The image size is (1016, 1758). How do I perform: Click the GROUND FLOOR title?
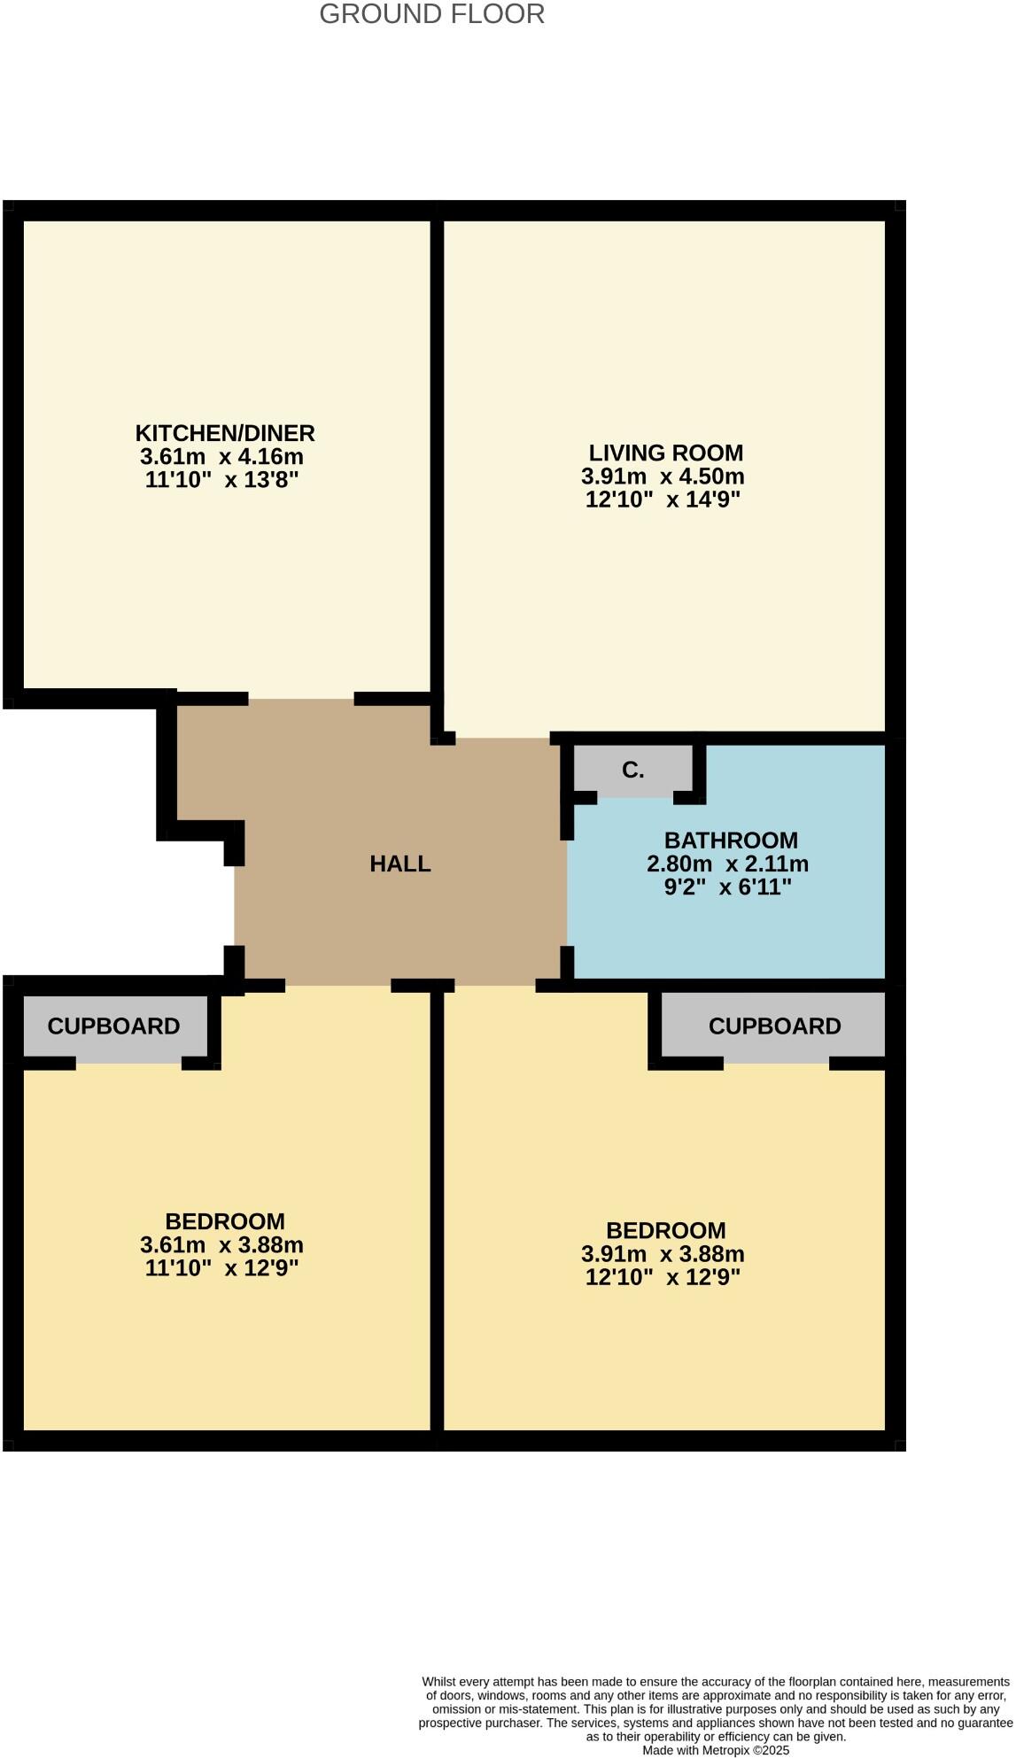point(431,14)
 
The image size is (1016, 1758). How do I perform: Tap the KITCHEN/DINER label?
point(225,433)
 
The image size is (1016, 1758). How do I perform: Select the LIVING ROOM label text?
point(665,453)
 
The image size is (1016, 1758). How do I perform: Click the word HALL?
point(400,864)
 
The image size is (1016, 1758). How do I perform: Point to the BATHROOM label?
point(731,840)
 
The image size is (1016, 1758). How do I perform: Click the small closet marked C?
point(632,771)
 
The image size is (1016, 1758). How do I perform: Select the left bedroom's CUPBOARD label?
point(113,1026)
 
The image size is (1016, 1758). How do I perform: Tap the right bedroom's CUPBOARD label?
point(774,1026)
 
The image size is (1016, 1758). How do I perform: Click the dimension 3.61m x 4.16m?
point(221,457)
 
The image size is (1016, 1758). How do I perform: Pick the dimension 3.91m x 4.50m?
point(663,476)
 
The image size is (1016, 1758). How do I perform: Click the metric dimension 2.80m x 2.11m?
point(727,864)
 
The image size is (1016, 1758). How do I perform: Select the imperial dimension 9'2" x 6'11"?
point(727,887)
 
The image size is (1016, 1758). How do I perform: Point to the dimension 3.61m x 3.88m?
point(221,1244)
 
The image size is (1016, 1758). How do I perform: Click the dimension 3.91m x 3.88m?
point(663,1254)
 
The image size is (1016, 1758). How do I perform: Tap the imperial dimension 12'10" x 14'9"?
point(663,500)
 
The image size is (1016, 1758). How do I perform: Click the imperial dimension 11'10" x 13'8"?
point(221,481)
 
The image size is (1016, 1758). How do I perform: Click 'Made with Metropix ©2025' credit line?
point(716,1750)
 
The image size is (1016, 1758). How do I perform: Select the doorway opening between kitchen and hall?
point(301,699)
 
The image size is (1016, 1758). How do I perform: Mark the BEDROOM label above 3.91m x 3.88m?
point(665,1230)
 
